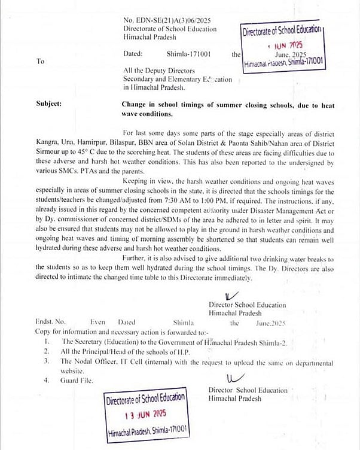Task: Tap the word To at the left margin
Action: click(40, 61)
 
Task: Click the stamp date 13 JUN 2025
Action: click(147, 415)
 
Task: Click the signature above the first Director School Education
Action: click(230, 295)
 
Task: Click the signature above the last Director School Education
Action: click(232, 378)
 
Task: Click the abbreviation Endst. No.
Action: click(50, 323)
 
